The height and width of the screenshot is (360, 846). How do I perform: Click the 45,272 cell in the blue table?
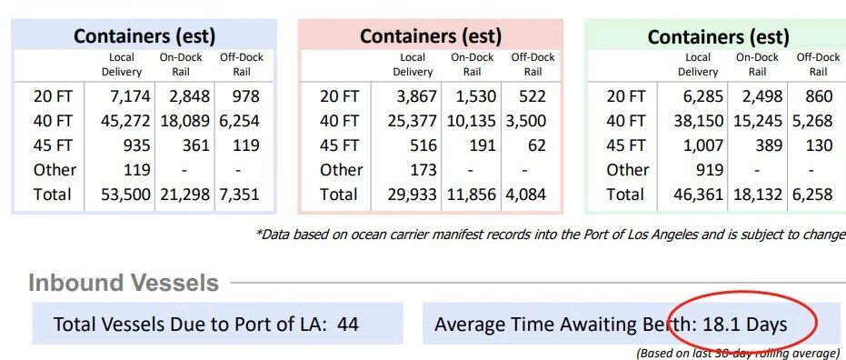click(125, 120)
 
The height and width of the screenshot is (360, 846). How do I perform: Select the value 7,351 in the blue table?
click(239, 195)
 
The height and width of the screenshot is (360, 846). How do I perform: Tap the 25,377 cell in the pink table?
click(412, 120)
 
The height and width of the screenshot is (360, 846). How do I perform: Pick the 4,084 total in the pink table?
click(525, 195)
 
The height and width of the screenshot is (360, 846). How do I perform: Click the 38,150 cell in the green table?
click(699, 120)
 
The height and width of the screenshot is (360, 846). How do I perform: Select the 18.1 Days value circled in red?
click(744, 325)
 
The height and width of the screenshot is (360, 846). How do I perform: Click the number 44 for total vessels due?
click(348, 325)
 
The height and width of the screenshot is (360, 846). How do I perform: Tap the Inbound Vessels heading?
click(124, 283)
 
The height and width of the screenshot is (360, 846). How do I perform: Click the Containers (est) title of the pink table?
click(431, 36)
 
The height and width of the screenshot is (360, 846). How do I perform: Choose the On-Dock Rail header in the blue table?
click(181, 65)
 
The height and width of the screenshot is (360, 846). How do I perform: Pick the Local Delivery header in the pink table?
click(413, 65)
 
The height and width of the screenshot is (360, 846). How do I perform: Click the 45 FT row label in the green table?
click(626, 145)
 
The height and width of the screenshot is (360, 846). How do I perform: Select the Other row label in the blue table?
click(55, 169)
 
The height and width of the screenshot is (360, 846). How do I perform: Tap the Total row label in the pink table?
click(338, 195)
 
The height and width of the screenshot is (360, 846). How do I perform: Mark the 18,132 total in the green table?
click(758, 195)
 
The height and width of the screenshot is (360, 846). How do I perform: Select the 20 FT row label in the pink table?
click(339, 96)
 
